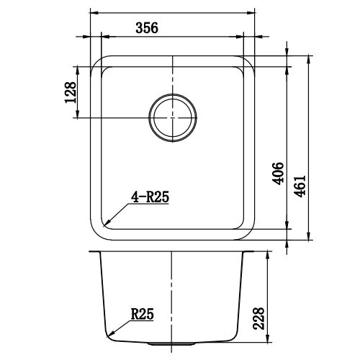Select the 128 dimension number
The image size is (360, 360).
tap(71, 93)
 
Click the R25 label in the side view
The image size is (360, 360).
tap(142, 314)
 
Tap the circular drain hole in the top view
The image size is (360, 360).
tap(173, 117)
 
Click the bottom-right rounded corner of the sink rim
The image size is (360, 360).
tap(248, 232)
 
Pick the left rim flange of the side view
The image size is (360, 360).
tap(94, 253)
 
